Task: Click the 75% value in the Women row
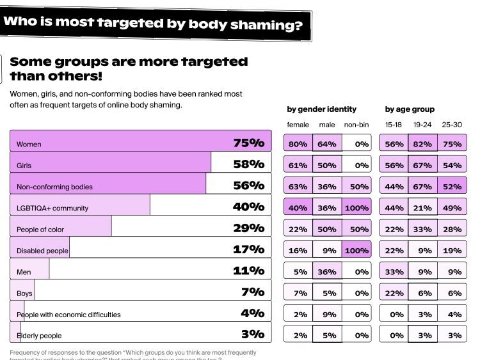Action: (x=248, y=143)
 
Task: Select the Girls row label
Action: (x=24, y=166)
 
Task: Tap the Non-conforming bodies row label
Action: (x=54, y=187)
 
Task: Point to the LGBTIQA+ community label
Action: (x=52, y=208)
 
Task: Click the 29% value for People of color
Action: (x=248, y=228)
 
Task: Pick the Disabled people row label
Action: (x=42, y=251)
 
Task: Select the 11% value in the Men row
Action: (x=248, y=270)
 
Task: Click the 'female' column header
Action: (x=298, y=125)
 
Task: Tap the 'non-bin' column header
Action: (x=356, y=125)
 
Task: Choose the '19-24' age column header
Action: (x=422, y=125)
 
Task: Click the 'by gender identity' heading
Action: (x=321, y=109)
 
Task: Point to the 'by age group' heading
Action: (x=410, y=109)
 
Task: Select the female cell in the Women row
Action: (x=298, y=144)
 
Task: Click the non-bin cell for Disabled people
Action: (x=356, y=251)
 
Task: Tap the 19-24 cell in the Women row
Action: (x=422, y=144)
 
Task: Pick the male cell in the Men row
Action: (x=327, y=272)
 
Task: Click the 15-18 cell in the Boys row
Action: (x=394, y=293)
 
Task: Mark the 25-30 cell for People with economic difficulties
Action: (x=452, y=315)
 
